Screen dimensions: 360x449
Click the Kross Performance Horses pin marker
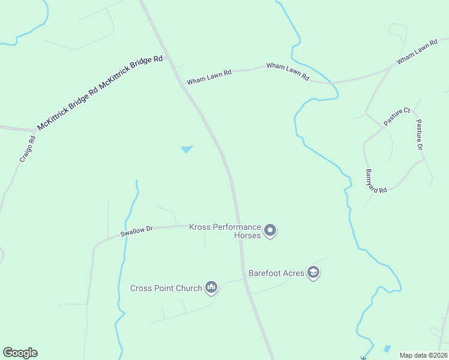(270, 230)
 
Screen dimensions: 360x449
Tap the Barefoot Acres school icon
(313, 273)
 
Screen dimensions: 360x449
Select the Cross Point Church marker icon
(211, 288)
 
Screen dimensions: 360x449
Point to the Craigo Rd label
(28, 149)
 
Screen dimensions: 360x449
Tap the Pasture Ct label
(397, 116)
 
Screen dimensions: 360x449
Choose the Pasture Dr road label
(420, 134)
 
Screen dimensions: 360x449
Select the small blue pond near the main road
(187, 148)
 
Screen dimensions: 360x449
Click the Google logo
(20, 353)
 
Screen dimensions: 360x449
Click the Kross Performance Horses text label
(225, 231)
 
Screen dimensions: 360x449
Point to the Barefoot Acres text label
(277, 273)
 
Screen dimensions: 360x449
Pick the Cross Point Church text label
(166, 288)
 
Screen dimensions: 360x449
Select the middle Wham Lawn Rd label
(288, 71)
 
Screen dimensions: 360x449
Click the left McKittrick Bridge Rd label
(68, 106)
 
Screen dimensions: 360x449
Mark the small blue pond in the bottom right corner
(387, 349)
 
